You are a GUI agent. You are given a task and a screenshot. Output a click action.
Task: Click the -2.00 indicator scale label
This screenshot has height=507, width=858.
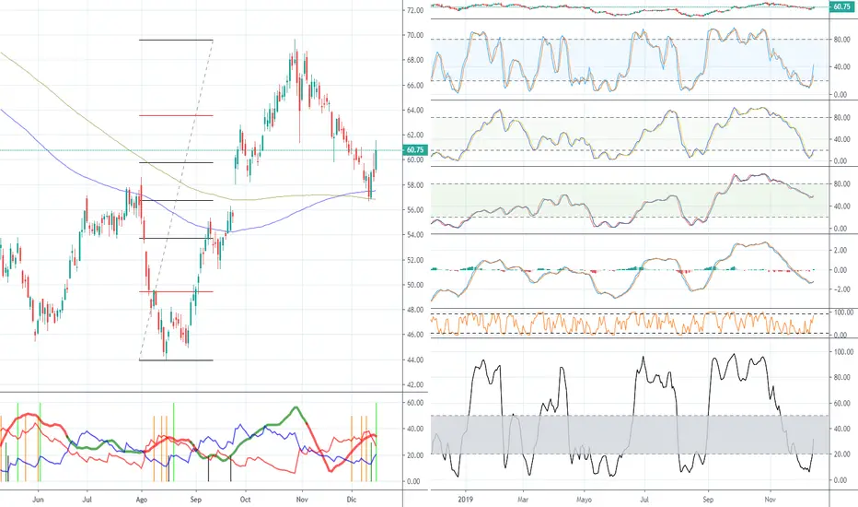(x=839, y=289)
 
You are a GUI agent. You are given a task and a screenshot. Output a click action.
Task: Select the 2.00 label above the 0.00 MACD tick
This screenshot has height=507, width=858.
(x=839, y=250)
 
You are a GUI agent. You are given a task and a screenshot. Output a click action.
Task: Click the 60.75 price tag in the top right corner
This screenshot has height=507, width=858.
(x=840, y=7)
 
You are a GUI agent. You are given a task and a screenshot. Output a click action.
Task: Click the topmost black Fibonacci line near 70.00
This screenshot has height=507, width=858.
(x=176, y=40)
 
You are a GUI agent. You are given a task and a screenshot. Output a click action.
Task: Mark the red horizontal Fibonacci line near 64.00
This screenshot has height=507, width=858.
(x=176, y=115)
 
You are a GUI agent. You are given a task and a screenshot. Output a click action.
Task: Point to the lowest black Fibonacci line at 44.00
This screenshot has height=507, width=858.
(x=176, y=360)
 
